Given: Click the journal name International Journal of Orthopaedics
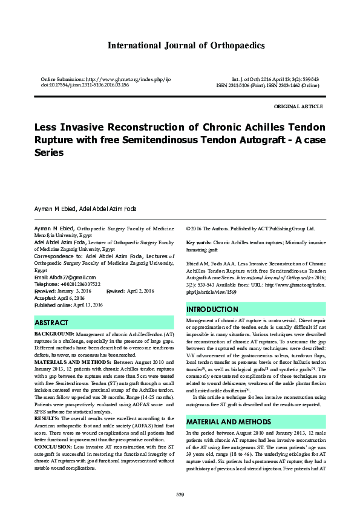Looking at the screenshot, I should [186, 45].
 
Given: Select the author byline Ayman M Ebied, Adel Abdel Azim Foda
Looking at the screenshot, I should [85, 209].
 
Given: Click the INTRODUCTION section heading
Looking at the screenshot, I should [212, 310].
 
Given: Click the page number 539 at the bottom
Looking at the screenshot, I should [180, 495].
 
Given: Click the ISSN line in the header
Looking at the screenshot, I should [267, 85].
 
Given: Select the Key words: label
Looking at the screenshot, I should [198, 242].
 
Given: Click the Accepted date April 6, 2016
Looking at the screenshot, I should [73, 298].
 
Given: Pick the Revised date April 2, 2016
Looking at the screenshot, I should [141, 291].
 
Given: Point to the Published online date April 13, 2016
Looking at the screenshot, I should [88, 305].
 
